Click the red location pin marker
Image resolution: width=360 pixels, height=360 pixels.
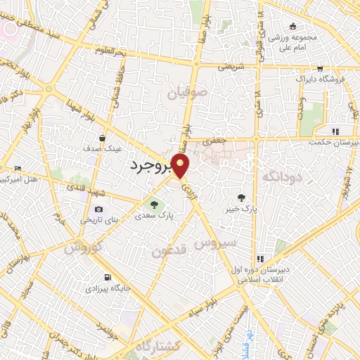pos(181,167)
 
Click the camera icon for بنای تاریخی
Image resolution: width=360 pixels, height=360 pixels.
pos(98,209)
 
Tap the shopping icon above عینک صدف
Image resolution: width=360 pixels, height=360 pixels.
pos(103,139)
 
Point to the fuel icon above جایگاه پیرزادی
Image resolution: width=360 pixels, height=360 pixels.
pos(107,277)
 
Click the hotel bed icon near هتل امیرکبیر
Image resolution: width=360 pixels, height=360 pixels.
pos(18,168)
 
